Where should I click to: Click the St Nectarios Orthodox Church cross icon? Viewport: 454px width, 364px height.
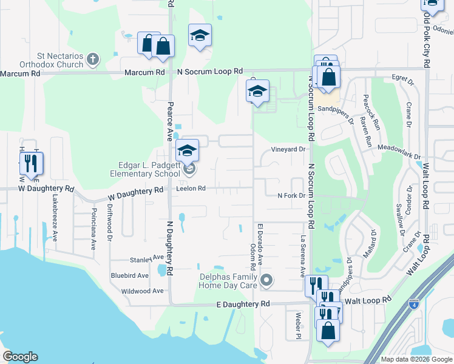click(x=92, y=59)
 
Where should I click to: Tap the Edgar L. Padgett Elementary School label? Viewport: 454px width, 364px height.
click(x=142, y=169)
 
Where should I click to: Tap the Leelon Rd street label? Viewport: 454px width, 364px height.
click(x=191, y=189)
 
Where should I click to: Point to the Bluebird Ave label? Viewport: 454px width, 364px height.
click(x=130, y=275)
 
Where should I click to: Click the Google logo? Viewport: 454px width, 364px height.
click(x=20, y=357)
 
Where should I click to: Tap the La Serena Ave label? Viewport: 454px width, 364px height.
click(x=302, y=256)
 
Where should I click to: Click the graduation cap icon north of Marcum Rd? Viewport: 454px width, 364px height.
click(x=199, y=35)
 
